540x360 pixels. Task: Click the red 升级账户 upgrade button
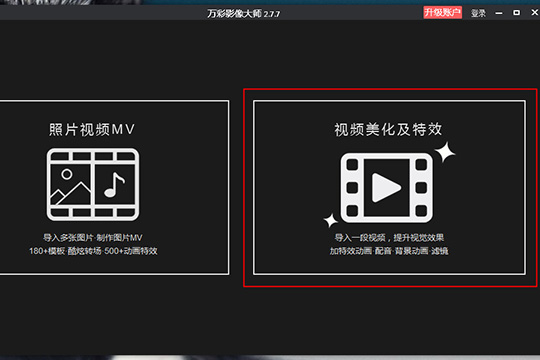(x=443, y=13)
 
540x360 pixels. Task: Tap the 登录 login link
(x=478, y=13)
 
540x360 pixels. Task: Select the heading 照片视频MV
(x=92, y=130)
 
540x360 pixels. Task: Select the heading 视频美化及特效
(x=388, y=130)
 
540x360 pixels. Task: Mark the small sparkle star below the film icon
(x=327, y=220)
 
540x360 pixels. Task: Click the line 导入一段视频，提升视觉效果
(x=388, y=236)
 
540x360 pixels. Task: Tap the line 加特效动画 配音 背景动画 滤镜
(x=388, y=250)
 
